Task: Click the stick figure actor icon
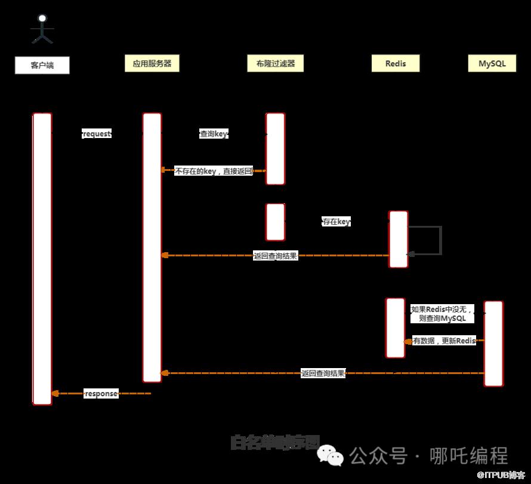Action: (x=42, y=29)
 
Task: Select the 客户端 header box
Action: (x=42, y=65)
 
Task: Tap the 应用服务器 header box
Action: (x=152, y=63)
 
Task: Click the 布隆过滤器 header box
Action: (x=275, y=63)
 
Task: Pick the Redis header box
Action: (x=396, y=63)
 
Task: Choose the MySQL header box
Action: (x=492, y=63)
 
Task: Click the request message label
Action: (x=97, y=134)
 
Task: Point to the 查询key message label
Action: (x=214, y=134)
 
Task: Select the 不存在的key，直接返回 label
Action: (x=213, y=171)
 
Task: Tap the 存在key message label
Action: (x=336, y=222)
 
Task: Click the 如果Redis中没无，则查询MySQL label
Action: (x=442, y=314)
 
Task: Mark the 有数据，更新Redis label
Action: (x=444, y=341)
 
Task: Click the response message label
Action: (x=101, y=393)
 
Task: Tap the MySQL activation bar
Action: (x=493, y=343)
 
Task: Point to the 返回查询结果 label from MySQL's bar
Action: (x=323, y=373)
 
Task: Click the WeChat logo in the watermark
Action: (x=331, y=456)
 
